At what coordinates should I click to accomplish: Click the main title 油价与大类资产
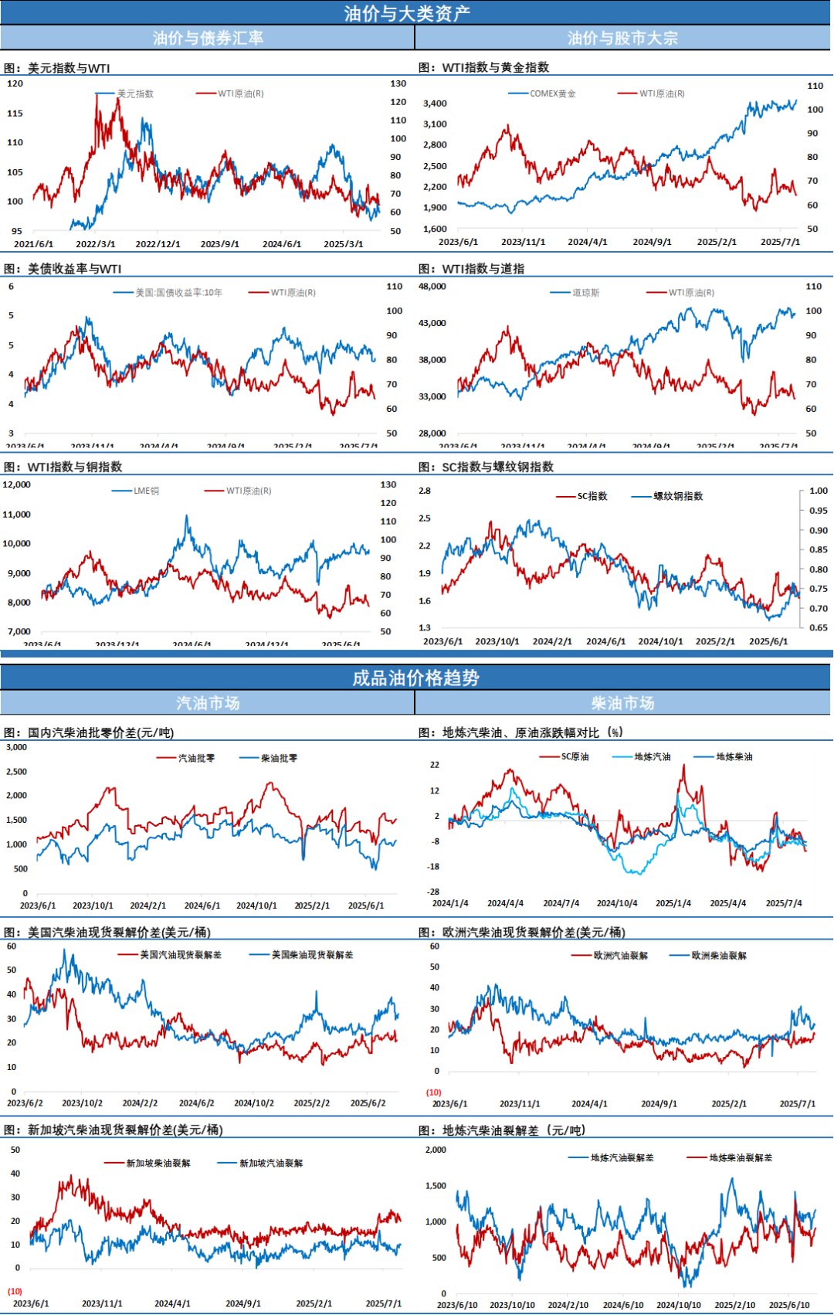(407, 13)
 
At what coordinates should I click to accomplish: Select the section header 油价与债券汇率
(208, 38)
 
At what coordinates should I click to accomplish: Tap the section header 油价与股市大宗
(622, 38)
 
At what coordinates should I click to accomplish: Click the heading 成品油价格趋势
(415, 678)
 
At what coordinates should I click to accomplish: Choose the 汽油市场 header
(208, 703)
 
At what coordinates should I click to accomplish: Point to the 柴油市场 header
(622, 703)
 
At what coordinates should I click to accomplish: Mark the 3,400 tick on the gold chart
(435, 104)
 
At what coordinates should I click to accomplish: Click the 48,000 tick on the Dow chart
(432, 286)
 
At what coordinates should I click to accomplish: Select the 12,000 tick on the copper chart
(16, 484)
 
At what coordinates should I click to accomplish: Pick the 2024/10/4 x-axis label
(617, 902)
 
